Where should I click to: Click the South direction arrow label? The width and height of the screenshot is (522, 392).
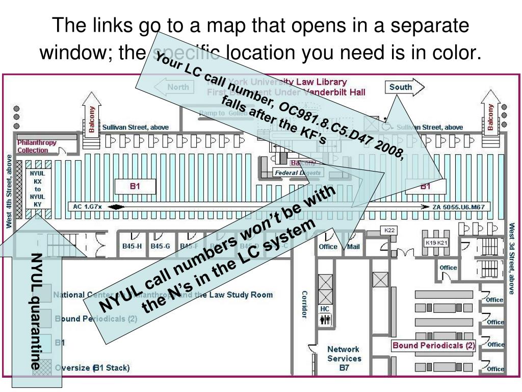[401, 87]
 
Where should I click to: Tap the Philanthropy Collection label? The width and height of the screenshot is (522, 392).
[36, 146]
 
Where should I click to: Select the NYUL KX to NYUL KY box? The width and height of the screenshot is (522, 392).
[37, 189]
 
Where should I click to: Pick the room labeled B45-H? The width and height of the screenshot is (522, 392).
[132, 246]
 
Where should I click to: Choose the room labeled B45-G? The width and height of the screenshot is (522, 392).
[160, 246]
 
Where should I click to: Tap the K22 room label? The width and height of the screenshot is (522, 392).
[389, 231]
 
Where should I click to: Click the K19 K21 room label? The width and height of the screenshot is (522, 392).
[436, 243]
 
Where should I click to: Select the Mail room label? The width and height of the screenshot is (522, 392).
[353, 247]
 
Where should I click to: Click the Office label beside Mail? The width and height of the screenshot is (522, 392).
[328, 247]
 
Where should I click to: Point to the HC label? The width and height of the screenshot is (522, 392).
[325, 309]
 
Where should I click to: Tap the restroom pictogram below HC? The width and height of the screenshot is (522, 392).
[325, 320]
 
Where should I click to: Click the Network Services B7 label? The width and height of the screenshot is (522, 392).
[343, 358]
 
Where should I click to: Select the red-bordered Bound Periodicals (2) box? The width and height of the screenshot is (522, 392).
[433, 346]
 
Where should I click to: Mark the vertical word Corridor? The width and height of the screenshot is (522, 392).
[304, 304]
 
